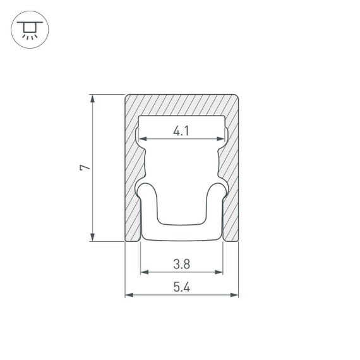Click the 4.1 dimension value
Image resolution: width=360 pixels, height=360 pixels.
(181, 131)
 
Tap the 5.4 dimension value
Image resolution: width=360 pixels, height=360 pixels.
(181, 287)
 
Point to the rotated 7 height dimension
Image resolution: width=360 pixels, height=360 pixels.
(85, 167)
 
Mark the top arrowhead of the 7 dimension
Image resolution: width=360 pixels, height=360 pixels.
(93, 99)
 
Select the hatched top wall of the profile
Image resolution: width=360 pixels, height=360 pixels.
(181, 105)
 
